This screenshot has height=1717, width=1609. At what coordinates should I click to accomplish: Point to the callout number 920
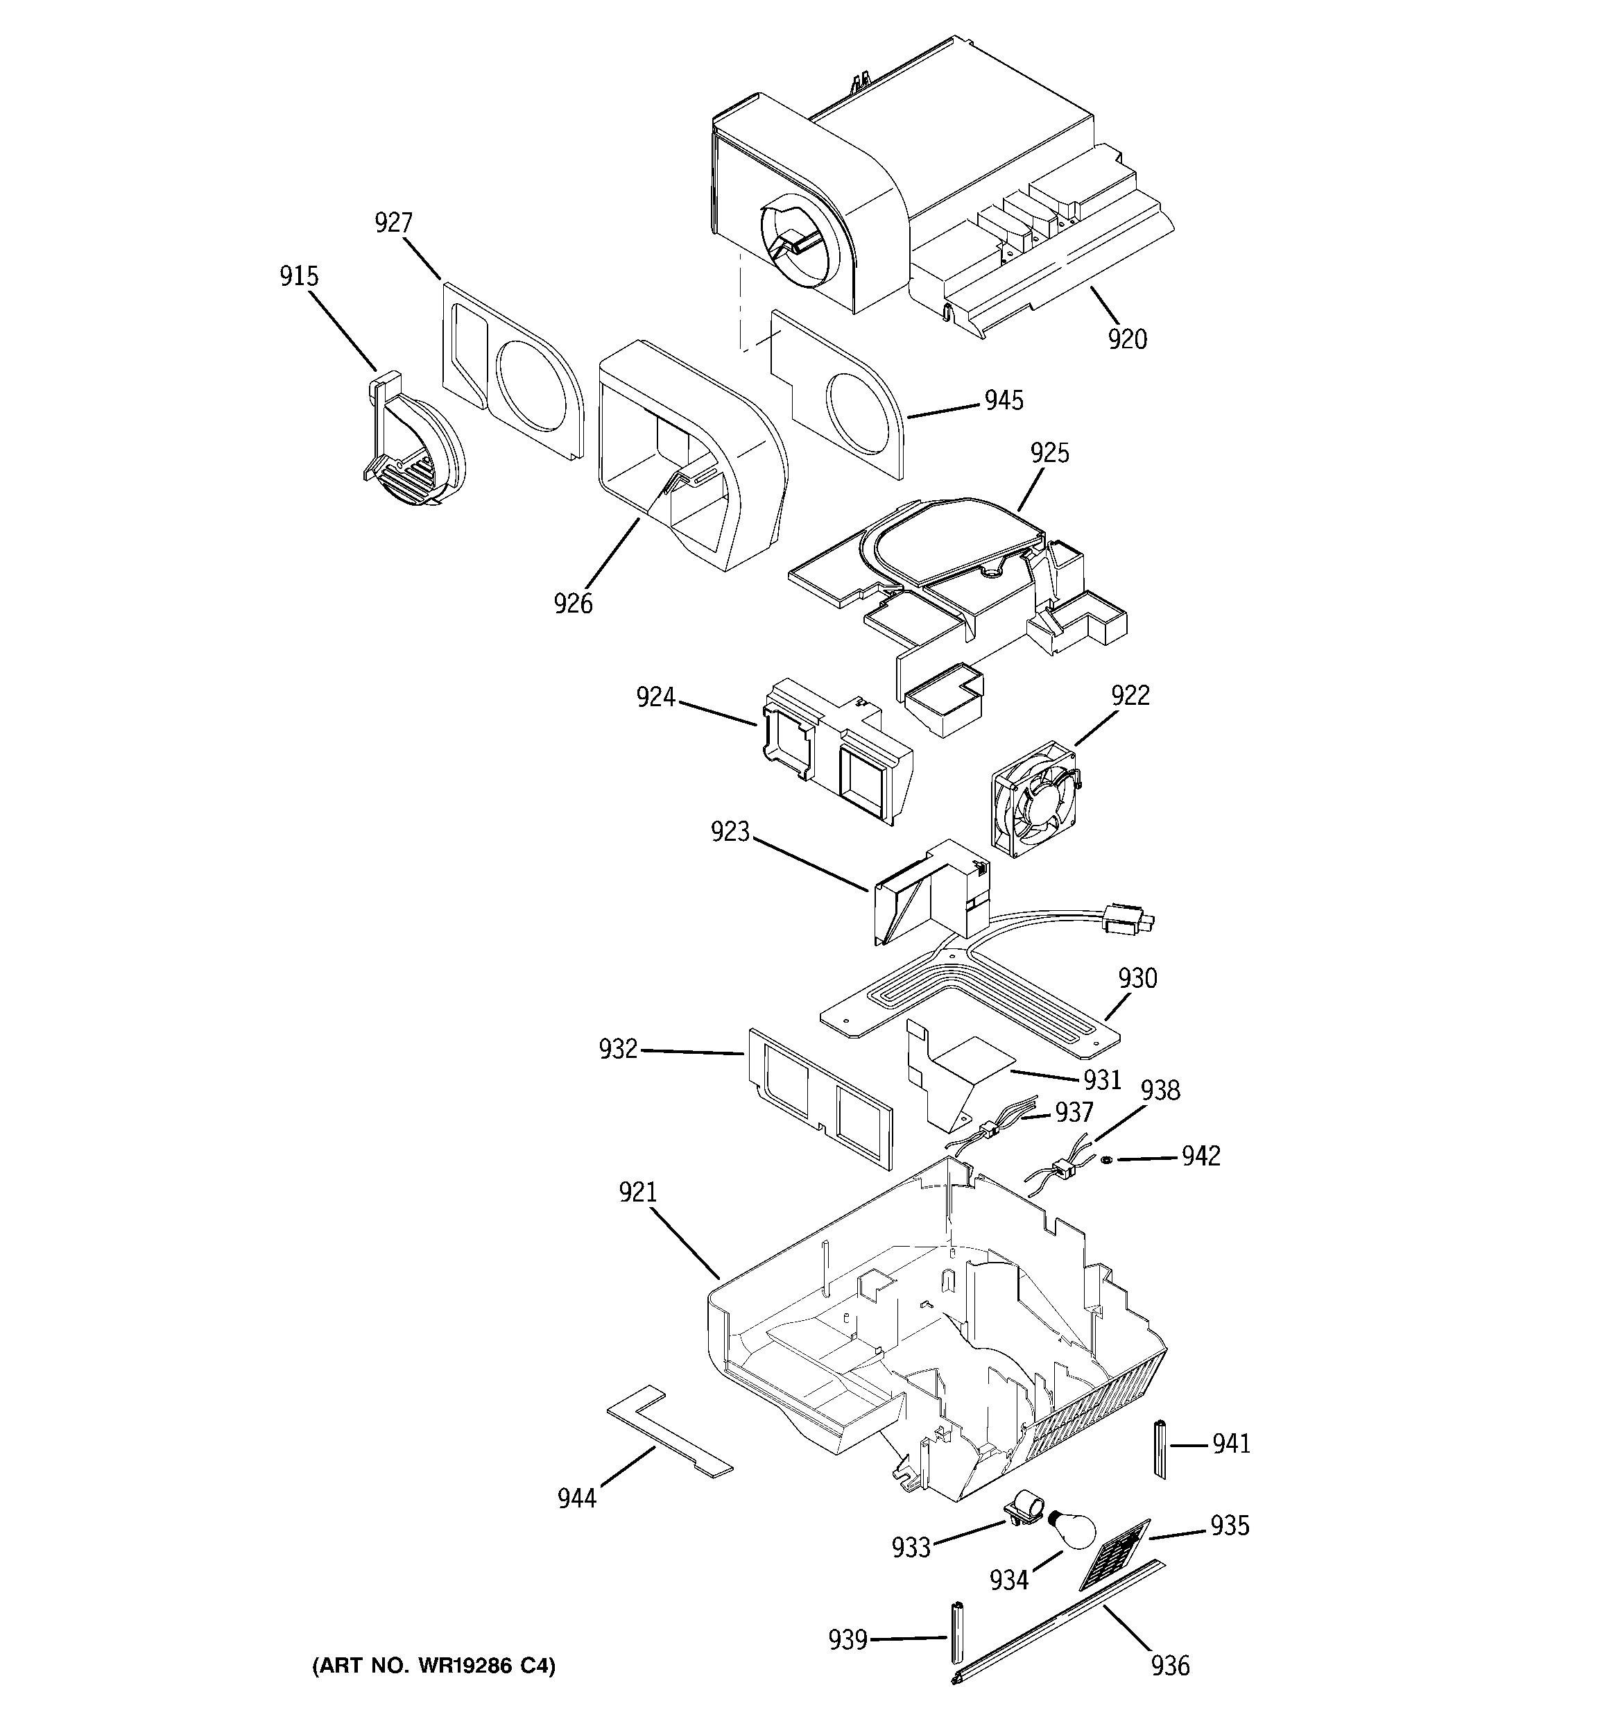(x=1127, y=339)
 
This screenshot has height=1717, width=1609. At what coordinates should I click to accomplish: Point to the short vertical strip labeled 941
(x=1160, y=1449)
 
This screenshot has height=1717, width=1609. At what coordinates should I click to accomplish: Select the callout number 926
(x=574, y=603)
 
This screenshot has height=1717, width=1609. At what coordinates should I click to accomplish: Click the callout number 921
(x=637, y=1193)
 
